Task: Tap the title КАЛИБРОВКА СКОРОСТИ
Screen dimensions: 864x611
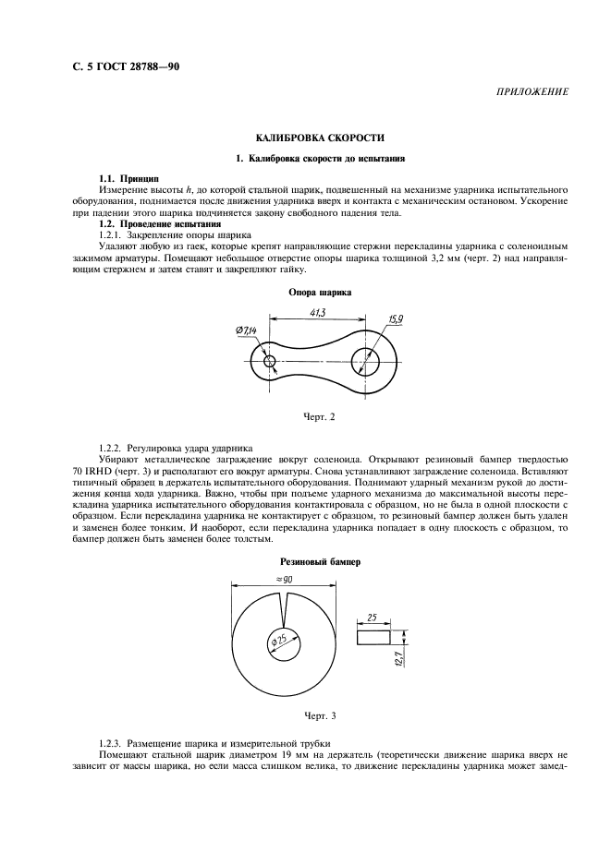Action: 308,138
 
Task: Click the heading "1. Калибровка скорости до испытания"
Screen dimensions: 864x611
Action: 308,158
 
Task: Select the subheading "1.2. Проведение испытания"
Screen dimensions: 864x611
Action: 159,224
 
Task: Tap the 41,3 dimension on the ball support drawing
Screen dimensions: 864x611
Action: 317,314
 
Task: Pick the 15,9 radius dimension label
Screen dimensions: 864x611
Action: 396,320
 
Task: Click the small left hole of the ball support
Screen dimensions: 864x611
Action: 270,361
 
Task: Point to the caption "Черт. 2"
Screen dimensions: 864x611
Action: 319,416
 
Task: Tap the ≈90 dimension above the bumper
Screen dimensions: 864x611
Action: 284,578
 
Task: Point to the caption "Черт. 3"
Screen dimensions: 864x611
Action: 319,715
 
